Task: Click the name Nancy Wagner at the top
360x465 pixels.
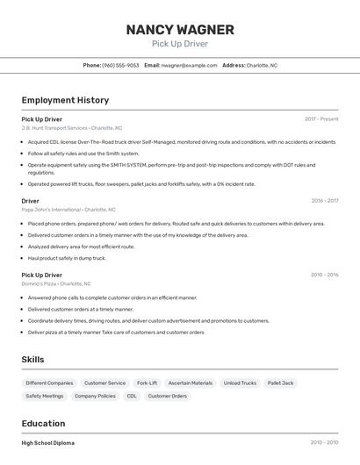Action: (x=179, y=29)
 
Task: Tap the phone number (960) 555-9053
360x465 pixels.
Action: (x=120, y=65)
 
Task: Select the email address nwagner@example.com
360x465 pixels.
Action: (x=188, y=65)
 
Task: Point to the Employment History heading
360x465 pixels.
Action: (x=65, y=100)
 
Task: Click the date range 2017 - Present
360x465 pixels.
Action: (x=321, y=118)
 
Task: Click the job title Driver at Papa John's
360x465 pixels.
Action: (x=31, y=201)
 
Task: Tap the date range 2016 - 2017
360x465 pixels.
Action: (x=324, y=201)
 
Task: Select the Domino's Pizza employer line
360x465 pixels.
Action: (x=56, y=284)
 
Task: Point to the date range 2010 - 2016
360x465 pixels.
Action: (x=324, y=275)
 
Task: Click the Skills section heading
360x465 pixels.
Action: (x=32, y=359)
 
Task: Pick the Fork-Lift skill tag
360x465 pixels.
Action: (x=147, y=383)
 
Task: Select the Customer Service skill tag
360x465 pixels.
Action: (x=104, y=383)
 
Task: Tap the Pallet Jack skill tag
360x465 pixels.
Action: (x=281, y=383)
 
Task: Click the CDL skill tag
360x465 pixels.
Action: (x=132, y=396)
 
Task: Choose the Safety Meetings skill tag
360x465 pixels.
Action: (x=45, y=396)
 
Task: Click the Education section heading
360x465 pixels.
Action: (x=43, y=423)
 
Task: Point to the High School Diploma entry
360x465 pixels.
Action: (x=48, y=443)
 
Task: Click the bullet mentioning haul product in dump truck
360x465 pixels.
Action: (x=67, y=258)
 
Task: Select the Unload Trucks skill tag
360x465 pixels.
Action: (x=240, y=383)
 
